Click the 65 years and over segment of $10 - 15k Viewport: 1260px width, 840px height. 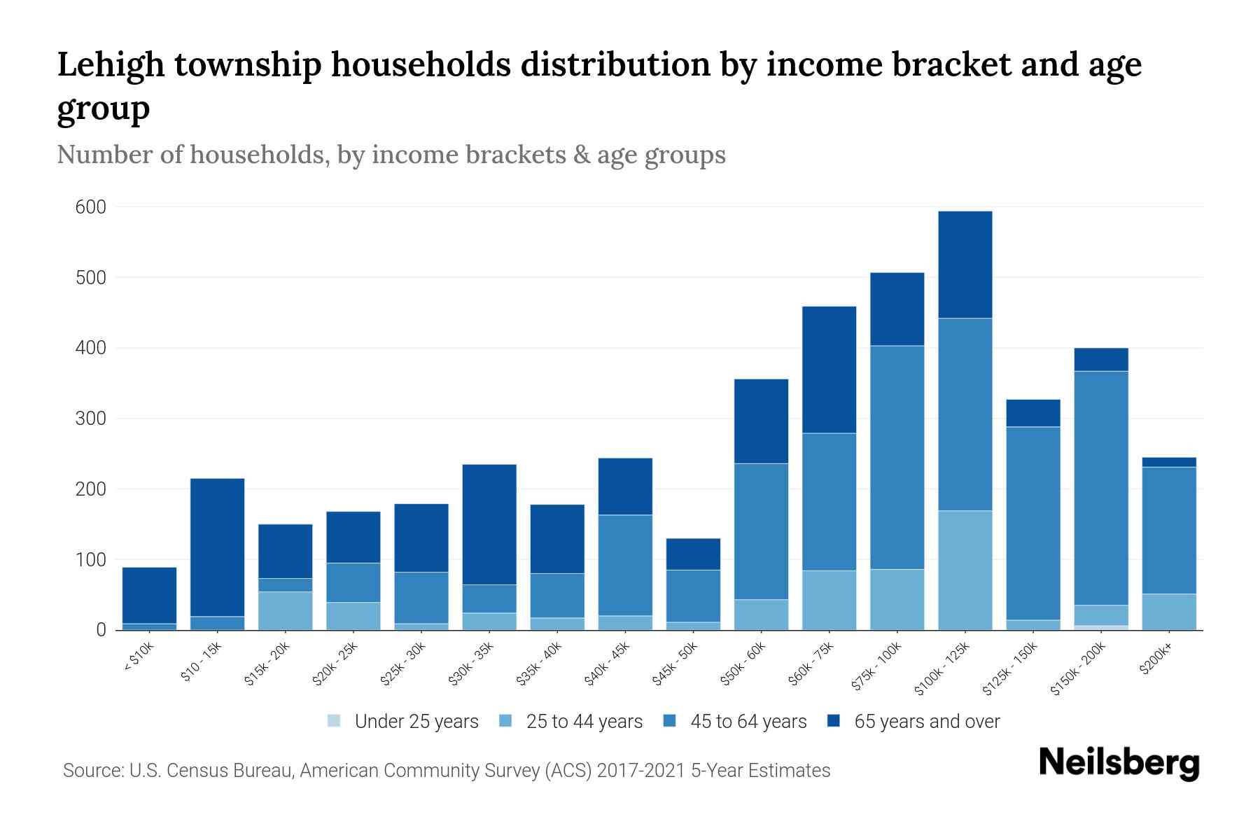(x=217, y=547)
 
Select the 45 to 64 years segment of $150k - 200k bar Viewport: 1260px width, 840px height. (x=1101, y=488)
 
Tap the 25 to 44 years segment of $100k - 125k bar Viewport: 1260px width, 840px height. (x=965, y=570)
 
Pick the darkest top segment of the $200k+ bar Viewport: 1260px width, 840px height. (x=1168, y=462)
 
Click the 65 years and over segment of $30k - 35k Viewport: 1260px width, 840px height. (x=489, y=524)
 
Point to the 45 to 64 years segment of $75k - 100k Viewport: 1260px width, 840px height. (x=897, y=457)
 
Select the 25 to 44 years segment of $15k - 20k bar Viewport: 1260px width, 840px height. (x=285, y=610)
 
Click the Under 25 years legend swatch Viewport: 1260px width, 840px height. (x=335, y=721)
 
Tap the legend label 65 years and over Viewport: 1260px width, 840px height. (x=927, y=722)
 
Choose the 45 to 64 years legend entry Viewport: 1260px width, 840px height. (x=748, y=722)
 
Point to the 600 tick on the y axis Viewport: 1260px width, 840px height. (x=91, y=207)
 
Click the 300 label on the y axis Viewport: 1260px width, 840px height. (x=91, y=419)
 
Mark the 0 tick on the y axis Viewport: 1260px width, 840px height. (x=101, y=630)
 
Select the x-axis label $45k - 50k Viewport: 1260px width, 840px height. (x=677, y=663)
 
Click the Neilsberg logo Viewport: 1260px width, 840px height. (x=1119, y=763)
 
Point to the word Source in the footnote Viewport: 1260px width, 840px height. (x=92, y=771)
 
